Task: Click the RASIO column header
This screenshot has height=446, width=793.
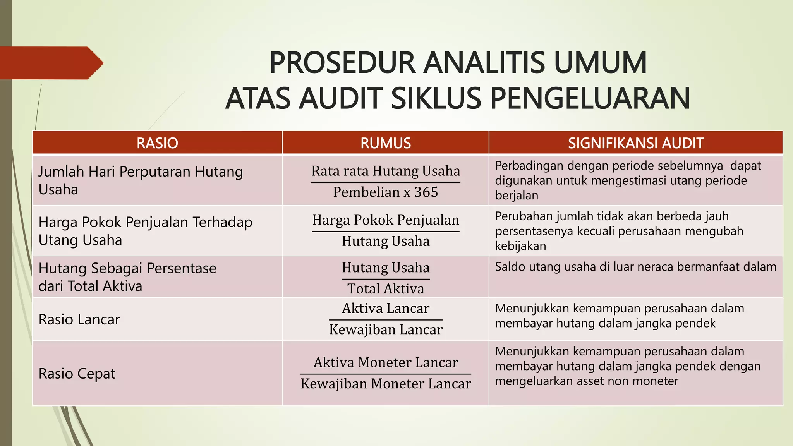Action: [x=157, y=143]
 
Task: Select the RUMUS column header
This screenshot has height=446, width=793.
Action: [x=386, y=143]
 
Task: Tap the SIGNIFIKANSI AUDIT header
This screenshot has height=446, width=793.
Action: [x=635, y=143]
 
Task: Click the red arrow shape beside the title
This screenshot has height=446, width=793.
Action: [x=50, y=63]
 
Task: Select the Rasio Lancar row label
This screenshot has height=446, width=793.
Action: [x=79, y=319]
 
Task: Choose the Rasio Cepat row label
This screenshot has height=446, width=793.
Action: [x=77, y=374]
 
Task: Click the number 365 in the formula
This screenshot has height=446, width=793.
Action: [x=426, y=192]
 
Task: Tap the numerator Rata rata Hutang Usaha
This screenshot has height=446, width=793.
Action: [x=386, y=171]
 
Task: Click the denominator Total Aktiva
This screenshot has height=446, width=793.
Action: [x=386, y=288]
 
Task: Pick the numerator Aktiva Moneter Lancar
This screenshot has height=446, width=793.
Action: [x=386, y=362]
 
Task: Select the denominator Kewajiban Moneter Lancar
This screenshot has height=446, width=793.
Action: [x=386, y=384]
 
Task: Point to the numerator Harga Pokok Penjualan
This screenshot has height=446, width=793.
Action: [x=386, y=220]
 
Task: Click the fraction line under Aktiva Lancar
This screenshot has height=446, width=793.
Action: [x=386, y=320]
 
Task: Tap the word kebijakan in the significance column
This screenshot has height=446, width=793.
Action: [x=520, y=246]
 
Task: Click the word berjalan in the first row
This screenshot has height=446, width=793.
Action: [x=517, y=196]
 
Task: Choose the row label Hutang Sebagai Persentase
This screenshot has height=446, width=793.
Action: [x=127, y=268]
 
